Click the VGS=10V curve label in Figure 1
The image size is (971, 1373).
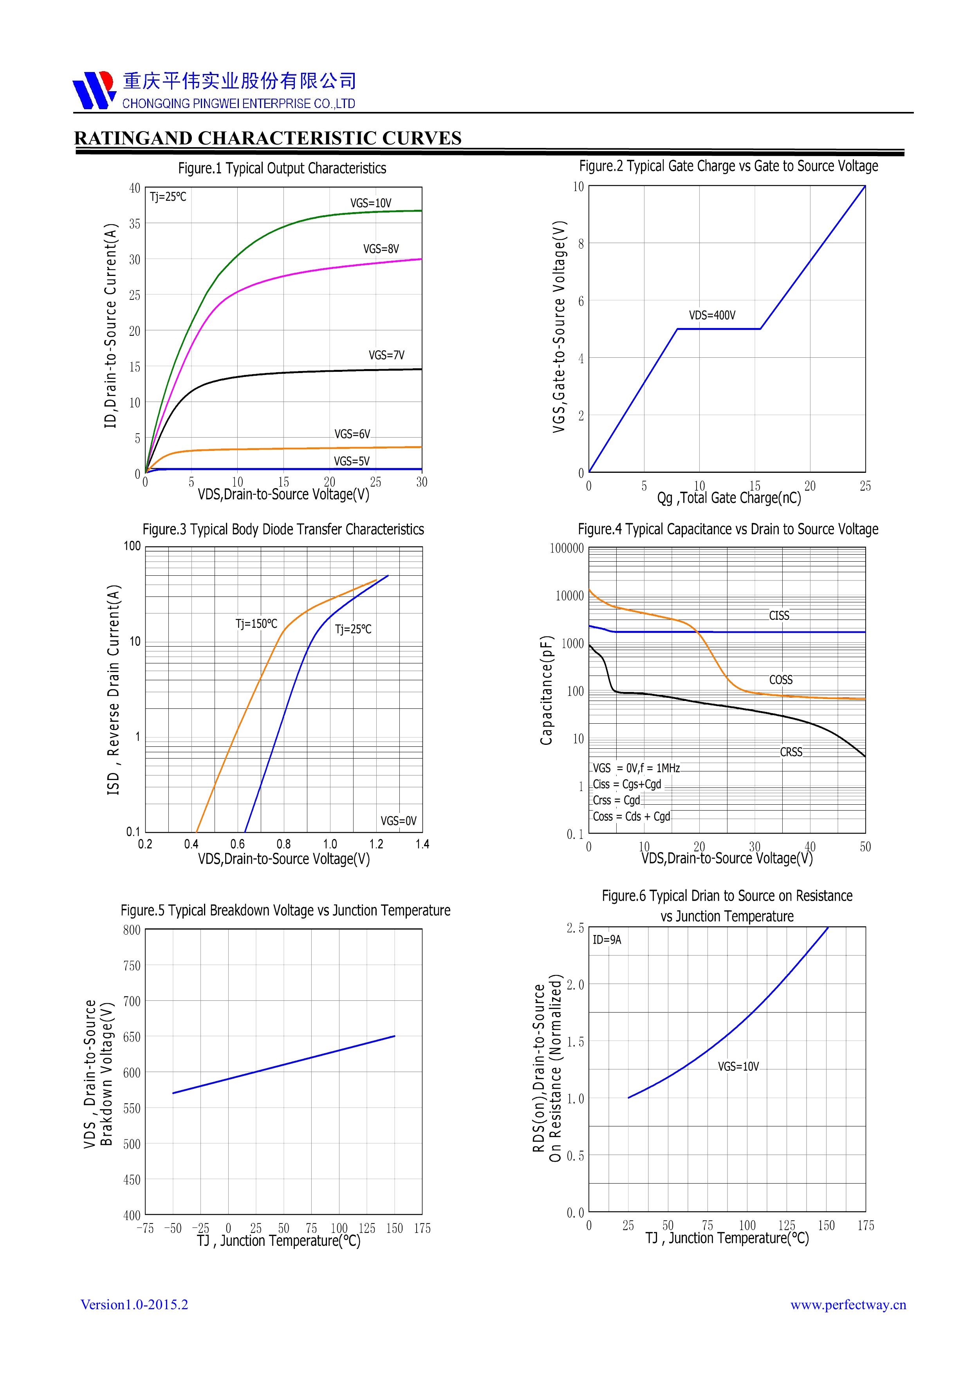371,203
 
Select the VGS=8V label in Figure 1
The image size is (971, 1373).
381,249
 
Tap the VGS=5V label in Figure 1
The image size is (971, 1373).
352,461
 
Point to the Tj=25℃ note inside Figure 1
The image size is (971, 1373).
168,197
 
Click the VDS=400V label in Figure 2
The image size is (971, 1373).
712,315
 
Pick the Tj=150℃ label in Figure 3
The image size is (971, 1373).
256,624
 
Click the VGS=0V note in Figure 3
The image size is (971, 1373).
399,821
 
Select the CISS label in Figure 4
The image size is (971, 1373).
779,615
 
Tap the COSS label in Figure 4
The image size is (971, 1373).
781,680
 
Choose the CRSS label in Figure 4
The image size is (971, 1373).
791,752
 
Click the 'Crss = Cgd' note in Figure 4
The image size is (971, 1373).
616,800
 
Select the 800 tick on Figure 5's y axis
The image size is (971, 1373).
132,930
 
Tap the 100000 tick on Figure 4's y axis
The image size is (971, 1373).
567,548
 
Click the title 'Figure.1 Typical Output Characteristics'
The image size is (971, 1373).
282,169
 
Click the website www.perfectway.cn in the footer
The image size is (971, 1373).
848,1305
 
